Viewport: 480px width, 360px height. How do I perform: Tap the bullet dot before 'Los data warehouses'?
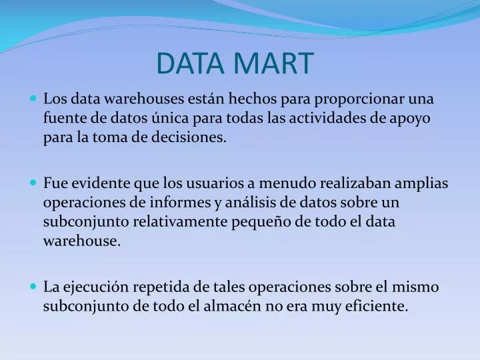click(35, 99)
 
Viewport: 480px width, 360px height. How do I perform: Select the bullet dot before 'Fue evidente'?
click(35, 183)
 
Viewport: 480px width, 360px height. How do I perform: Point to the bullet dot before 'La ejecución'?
click(35, 287)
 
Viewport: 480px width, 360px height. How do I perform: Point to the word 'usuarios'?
click(204, 183)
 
